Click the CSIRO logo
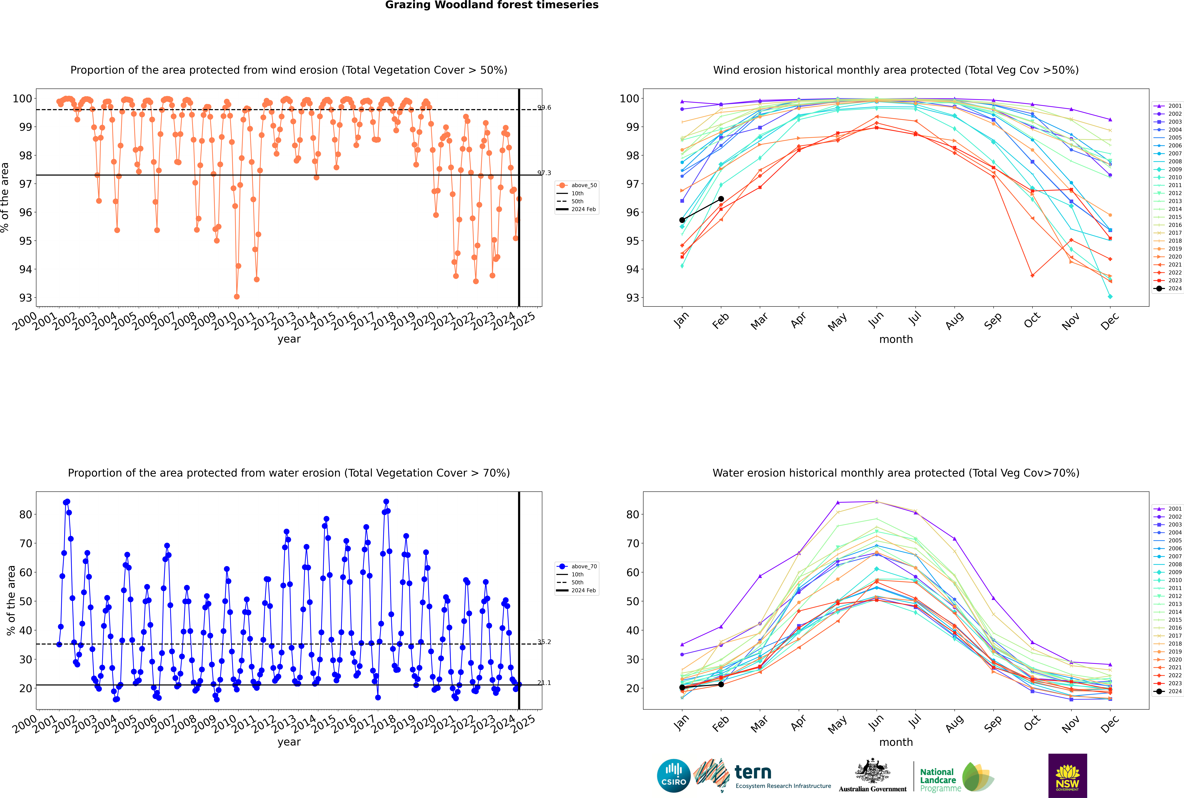coord(673,776)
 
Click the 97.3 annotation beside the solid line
coord(544,173)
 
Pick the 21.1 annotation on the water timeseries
coord(544,683)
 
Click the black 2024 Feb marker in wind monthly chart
coord(721,199)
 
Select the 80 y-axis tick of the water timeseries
coord(25,515)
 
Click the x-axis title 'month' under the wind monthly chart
coord(896,340)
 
